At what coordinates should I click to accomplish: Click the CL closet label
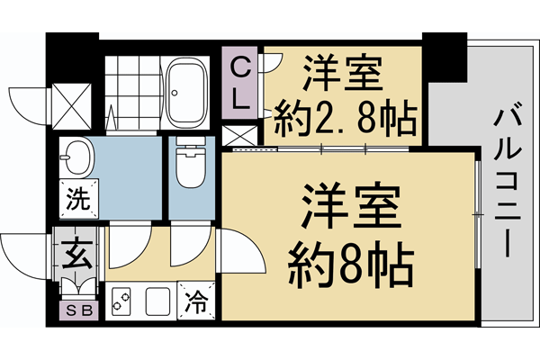pyautogui.click(x=242, y=83)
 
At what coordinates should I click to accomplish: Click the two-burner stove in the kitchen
pyautogui.click(x=123, y=301)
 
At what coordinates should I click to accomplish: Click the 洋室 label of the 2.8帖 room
pyautogui.click(x=343, y=71)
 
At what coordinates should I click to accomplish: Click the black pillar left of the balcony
pyautogui.click(x=444, y=54)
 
